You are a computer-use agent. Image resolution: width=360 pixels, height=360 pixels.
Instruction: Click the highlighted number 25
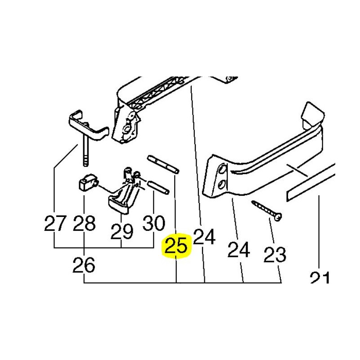click(176, 246)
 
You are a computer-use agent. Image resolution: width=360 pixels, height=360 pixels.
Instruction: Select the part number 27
click(55, 223)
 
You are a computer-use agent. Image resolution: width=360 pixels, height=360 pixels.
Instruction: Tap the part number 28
click(84, 223)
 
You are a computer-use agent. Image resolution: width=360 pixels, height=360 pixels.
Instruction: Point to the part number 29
click(121, 231)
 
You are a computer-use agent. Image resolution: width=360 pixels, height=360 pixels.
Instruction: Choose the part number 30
click(153, 223)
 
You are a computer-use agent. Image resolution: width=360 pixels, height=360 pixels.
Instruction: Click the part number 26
click(84, 265)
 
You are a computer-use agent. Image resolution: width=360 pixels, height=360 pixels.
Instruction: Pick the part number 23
click(275, 254)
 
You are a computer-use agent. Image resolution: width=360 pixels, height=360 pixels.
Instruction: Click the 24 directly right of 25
click(204, 237)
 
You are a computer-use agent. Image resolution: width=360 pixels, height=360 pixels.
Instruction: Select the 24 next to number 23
click(238, 249)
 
